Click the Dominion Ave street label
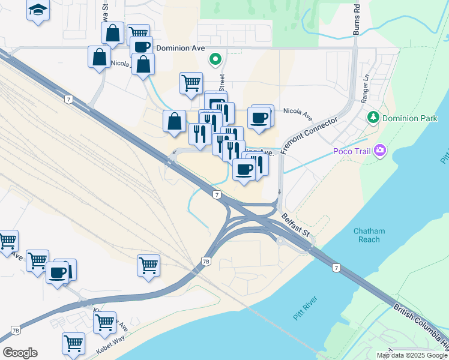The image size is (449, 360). [181, 48]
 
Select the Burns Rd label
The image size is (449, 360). [356, 23]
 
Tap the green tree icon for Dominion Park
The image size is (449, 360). [373, 116]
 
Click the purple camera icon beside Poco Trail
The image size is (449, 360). [379, 150]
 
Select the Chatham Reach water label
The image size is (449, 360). [369, 235]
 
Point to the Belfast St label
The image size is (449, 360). [296, 226]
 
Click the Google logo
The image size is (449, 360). [20, 353]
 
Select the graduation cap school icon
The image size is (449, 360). [38, 10]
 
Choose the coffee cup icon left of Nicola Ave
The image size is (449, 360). [259, 117]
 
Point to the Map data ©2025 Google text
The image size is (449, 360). [412, 355]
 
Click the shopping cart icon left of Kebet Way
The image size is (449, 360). [73, 343]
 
